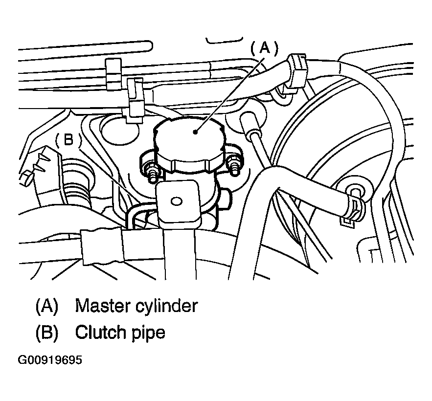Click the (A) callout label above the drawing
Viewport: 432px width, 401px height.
tap(264, 48)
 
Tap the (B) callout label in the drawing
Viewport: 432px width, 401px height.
tap(68, 139)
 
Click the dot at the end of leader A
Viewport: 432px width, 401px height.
tap(195, 132)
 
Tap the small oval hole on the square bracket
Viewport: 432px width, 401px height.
tap(176, 201)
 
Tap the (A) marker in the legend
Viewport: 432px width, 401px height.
tap(47, 306)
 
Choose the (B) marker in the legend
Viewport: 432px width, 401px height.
tap(47, 333)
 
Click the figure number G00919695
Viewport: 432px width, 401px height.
tap(50, 360)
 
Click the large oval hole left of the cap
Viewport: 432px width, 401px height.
tap(119, 130)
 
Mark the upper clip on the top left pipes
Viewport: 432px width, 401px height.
tap(114, 74)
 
